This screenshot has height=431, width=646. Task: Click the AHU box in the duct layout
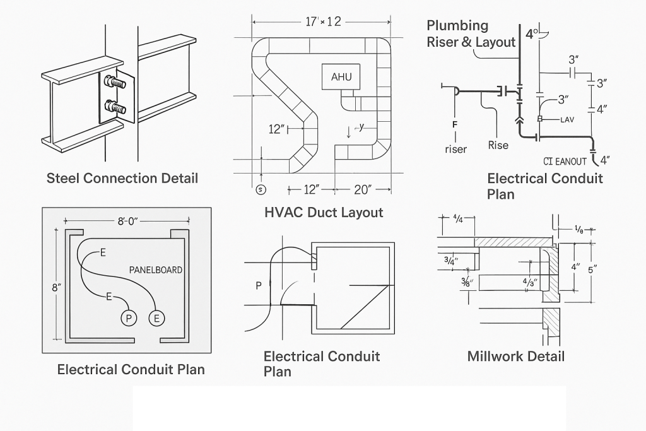pyautogui.click(x=341, y=76)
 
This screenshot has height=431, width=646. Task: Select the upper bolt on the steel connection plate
pyautogui.click(x=114, y=81)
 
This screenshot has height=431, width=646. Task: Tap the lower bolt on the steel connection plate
pyautogui.click(x=114, y=107)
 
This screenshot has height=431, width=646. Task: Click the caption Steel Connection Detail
pyautogui.click(x=122, y=178)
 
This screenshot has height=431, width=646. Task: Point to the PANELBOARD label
pyautogui.click(x=156, y=270)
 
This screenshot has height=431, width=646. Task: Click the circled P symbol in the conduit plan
pyautogui.click(x=129, y=318)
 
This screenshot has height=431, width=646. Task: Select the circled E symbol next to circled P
pyautogui.click(x=156, y=318)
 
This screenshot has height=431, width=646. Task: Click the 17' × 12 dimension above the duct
pyautogui.click(x=323, y=22)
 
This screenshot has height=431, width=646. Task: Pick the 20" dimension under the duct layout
pyautogui.click(x=363, y=189)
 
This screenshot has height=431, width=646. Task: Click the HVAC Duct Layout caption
pyautogui.click(x=324, y=213)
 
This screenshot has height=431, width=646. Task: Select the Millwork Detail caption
pyautogui.click(x=515, y=357)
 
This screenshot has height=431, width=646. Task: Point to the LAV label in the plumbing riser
pyautogui.click(x=567, y=119)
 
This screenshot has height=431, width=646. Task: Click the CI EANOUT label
pyautogui.click(x=565, y=161)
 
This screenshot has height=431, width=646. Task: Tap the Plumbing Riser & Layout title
pyautogui.click(x=470, y=34)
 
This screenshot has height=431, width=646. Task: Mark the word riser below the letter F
pyautogui.click(x=455, y=150)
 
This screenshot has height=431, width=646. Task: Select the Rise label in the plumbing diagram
pyautogui.click(x=498, y=146)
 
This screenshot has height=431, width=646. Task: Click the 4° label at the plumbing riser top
pyautogui.click(x=532, y=33)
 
